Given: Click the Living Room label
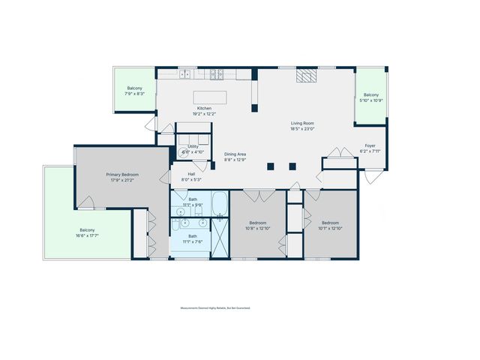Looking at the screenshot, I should (302, 123).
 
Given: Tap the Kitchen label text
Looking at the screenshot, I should (204, 109).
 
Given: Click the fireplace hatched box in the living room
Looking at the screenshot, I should (306, 75).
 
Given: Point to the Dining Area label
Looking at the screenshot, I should (235, 154).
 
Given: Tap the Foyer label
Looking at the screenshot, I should (370, 145).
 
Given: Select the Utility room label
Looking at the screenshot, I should (193, 147).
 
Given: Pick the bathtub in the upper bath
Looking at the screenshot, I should (220, 203).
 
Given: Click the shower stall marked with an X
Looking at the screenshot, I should (220, 237).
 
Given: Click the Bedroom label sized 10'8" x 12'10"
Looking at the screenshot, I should (258, 222).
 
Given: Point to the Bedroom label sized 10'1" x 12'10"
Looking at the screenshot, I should (331, 222).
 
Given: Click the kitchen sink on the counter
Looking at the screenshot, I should (184, 74).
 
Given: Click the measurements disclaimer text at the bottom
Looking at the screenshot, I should (214, 307).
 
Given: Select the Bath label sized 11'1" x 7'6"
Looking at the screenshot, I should (193, 236).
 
